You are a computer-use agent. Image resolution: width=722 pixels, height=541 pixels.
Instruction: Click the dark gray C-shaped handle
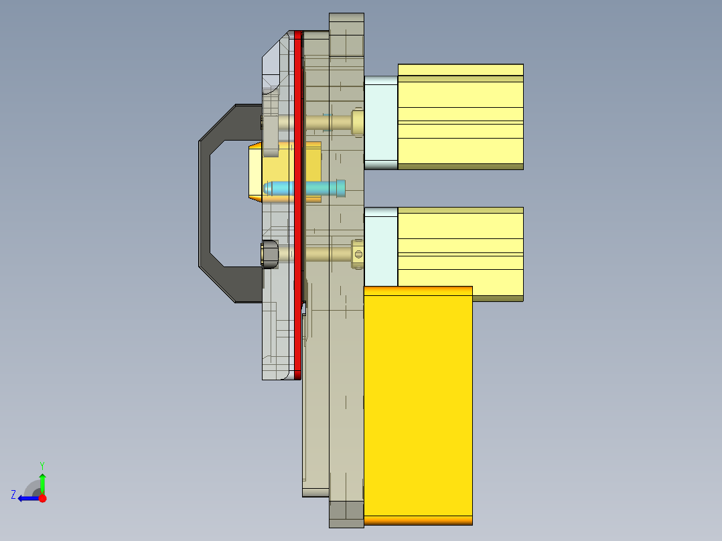click(205, 201)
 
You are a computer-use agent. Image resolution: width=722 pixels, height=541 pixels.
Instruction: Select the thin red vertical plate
click(299, 201)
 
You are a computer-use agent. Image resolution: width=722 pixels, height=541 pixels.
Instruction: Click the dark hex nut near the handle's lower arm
click(269, 254)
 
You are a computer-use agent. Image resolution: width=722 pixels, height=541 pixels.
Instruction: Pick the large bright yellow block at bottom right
click(418, 402)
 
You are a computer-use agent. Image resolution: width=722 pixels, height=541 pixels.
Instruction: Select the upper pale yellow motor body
click(460, 117)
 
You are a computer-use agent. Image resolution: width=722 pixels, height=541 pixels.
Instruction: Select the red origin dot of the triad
click(42, 498)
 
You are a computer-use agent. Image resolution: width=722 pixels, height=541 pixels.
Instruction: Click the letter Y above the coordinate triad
click(42, 465)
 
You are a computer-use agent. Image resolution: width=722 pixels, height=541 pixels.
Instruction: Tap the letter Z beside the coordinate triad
click(13, 495)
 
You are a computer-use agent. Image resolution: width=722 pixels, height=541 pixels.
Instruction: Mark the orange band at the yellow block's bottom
click(418, 520)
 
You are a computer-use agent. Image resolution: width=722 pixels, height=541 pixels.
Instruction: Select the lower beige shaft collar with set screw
click(358, 254)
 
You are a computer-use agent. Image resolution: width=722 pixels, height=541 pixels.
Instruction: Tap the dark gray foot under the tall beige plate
click(346, 512)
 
